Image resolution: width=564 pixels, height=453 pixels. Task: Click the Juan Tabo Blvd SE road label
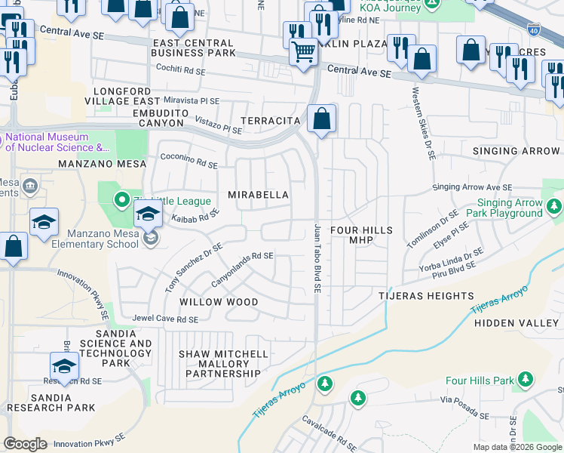point(318,258)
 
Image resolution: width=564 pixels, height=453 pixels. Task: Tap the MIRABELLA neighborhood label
point(259,195)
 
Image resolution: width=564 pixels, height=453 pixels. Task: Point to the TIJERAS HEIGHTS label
point(426,297)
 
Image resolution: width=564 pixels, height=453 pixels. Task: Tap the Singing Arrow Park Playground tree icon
point(555,206)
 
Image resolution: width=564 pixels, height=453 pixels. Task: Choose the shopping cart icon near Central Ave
point(303,53)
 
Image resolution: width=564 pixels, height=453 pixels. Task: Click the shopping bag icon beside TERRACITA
point(322,119)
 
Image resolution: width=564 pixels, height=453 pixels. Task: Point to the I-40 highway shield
point(534,31)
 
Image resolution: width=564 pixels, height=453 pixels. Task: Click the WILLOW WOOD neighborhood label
point(219,302)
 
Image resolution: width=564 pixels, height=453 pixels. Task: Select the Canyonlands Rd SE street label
point(242,269)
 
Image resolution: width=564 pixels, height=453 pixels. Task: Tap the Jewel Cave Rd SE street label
point(165,319)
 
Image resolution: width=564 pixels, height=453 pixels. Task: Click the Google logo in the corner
point(25,444)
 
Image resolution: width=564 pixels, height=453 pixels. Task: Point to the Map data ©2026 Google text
point(516,447)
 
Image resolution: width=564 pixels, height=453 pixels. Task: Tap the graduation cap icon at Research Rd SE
point(65,367)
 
